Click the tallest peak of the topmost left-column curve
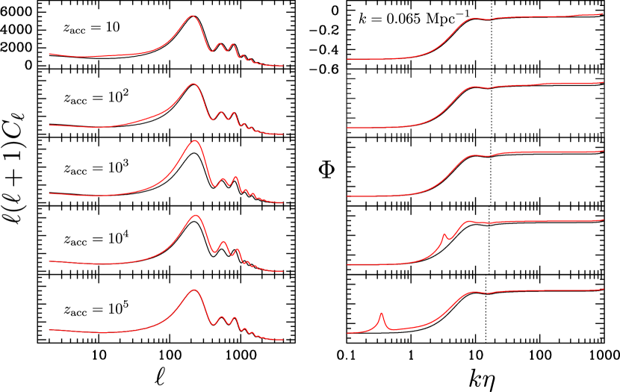click(x=192, y=16)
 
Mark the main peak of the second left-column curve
click(x=193, y=84)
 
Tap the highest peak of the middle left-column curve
click(x=195, y=140)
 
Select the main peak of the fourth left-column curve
click(x=196, y=215)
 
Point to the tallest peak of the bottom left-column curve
click(x=194, y=290)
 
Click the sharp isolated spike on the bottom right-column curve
click(x=382, y=313)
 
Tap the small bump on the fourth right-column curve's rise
click(x=444, y=234)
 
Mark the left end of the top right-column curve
click(x=347, y=59)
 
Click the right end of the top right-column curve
click(x=603, y=13)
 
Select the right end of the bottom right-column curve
click(x=603, y=289)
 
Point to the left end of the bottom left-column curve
click(x=49, y=329)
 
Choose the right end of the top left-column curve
click(x=282, y=66)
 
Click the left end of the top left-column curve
click(x=49, y=54)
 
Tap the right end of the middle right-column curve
click(x=603, y=152)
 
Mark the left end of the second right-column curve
click(x=347, y=128)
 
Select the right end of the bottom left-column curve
click(x=282, y=340)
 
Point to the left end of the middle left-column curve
click(x=49, y=193)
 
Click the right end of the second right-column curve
click(x=603, y=83)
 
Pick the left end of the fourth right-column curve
click(x=347, y=265)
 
